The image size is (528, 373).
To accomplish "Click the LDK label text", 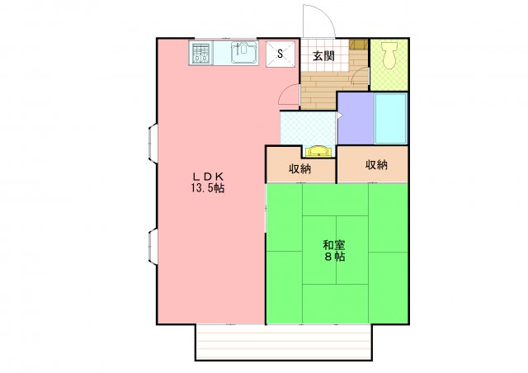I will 209,176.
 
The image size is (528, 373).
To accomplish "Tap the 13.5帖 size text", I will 209,188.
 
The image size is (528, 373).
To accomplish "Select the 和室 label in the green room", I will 334,244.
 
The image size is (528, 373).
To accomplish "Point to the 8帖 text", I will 334,257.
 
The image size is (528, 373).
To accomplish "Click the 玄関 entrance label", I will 323,56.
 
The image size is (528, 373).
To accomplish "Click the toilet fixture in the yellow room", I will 389,54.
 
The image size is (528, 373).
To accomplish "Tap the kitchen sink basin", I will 245,54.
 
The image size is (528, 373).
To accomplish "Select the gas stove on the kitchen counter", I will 201,54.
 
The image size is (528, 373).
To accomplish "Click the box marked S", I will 280,54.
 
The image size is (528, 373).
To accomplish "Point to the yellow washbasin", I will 318,151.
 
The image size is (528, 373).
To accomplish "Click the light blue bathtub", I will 391,119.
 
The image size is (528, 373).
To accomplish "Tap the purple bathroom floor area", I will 355,120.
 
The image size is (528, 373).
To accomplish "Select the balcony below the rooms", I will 283,342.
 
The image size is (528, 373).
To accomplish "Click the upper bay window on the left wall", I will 153,142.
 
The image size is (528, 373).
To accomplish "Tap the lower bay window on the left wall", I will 153,247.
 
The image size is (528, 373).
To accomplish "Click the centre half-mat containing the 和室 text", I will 334,250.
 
